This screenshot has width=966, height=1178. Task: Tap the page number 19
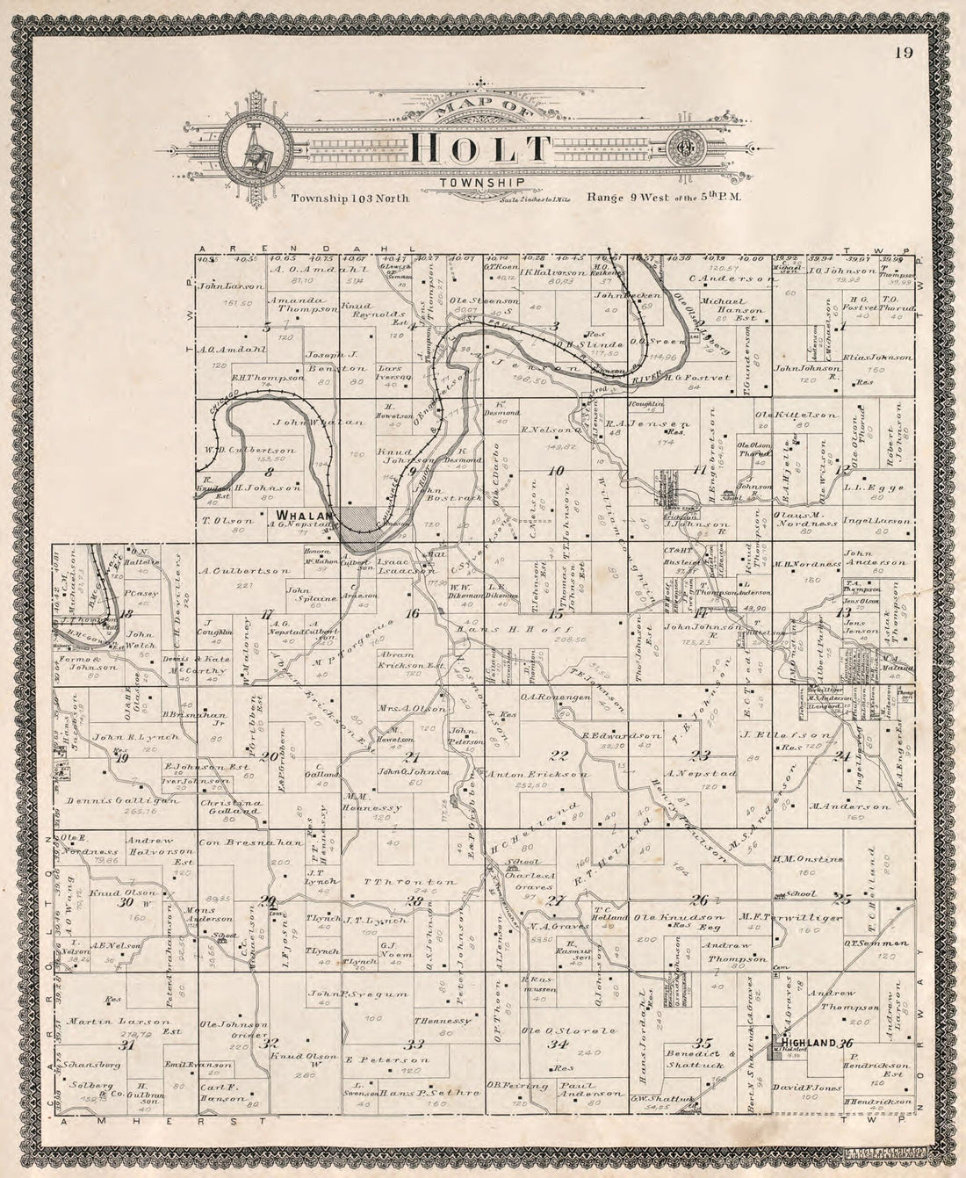pyautogui.click(x=905, y=53)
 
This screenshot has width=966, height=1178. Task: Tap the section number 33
pyautogui.click(x=415, y=1044)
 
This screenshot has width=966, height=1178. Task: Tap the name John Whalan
pyautogui.click(x=306, y=423)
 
